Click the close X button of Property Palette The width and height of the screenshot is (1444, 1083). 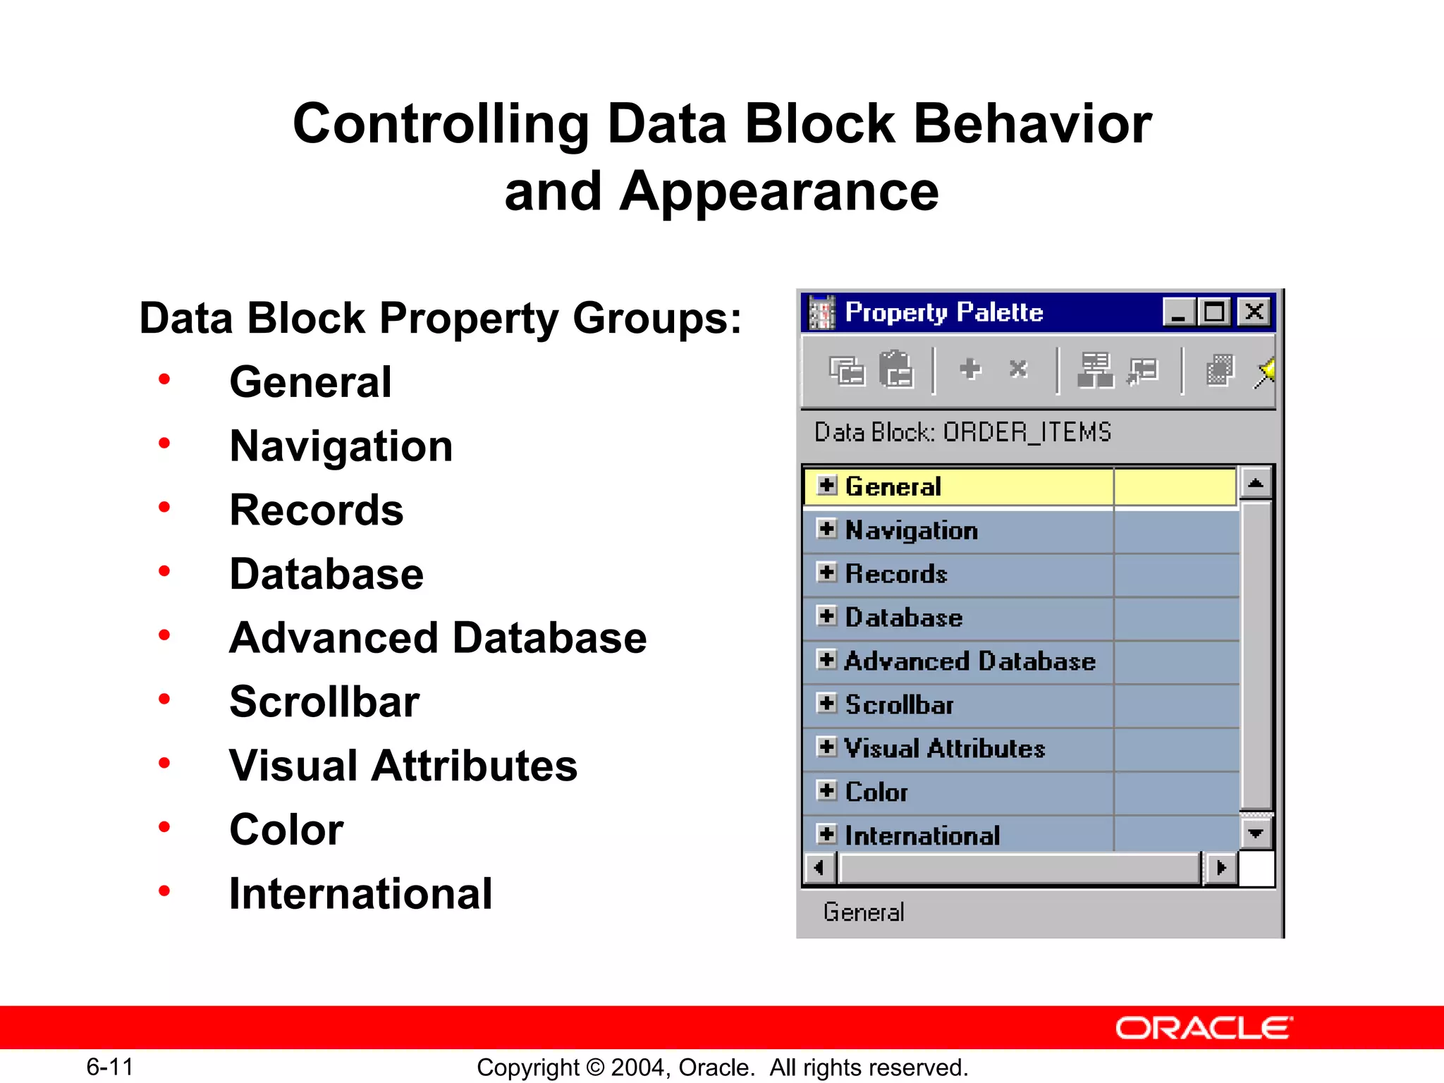[1254, 312]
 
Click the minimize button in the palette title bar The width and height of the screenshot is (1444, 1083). [1178, 312]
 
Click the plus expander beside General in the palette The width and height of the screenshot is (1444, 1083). [827, 485]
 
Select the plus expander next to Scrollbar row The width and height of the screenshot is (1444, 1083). [827, 703]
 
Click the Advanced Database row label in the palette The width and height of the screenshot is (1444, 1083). [969, 661]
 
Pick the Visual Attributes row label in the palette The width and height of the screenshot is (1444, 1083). [945, 748]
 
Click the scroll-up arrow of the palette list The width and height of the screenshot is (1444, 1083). [1255, 483]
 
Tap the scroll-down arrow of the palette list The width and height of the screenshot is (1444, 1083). [1255, 833]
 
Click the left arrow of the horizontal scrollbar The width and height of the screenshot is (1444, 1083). [819, 868]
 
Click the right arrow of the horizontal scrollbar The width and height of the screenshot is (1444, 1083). [1221, 868]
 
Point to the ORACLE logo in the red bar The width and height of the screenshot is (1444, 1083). [1204, 1028]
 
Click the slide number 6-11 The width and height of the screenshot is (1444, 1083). [110, 1067]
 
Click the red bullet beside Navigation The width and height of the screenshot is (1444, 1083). [164, 443]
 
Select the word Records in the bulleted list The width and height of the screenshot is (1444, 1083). [317, 510]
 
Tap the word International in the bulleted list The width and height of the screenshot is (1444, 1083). [360, 893]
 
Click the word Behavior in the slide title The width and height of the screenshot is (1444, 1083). [1032, 123]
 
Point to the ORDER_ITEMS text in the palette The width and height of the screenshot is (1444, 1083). [1027, 432]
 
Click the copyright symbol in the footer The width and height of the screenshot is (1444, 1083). [595, 1067]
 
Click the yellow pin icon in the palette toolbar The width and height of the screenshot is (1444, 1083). [1265, 371]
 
